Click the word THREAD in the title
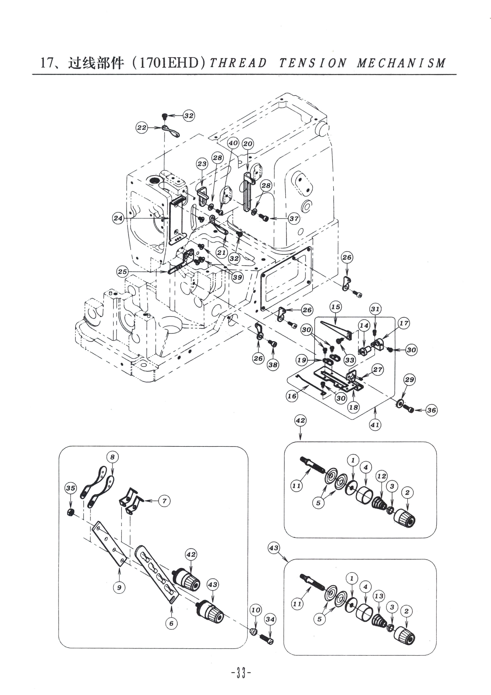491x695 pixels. click(238, 63)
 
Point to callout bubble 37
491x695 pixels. click(294, 218)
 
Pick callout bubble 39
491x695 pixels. click(238, 277)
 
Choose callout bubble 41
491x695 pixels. click(375, 425)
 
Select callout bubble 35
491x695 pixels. click(71, 488)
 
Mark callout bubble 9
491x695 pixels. click(119, 587)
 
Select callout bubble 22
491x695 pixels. click(142, 127)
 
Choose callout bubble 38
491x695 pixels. click(273, 365)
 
